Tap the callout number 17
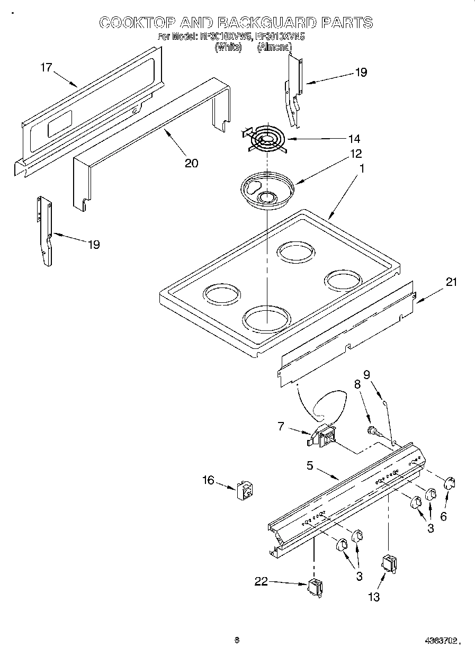[47, 67]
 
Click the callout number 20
[191, 163]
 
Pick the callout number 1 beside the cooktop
[362, 169]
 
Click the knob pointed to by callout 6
[449, 482]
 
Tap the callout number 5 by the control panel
[310, 465]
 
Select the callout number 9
[366, 374]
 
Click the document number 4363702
[440, 640]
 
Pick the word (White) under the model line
[228, 47]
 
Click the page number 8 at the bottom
[237, 640]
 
